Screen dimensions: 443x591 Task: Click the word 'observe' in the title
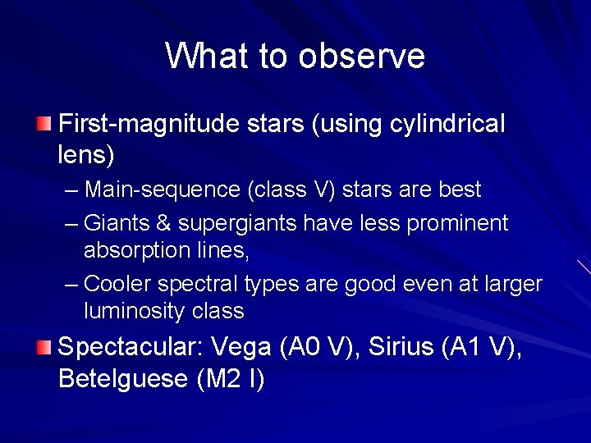coord(361,57)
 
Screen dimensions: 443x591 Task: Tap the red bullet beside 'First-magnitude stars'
coord(44,124)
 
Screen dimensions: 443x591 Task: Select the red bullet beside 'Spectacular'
coord(44,347)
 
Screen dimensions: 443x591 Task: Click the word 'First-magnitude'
coord(150,125)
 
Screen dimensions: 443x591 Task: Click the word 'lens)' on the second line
coord(86,153)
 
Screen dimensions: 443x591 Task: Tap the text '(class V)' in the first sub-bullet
coord(291,190)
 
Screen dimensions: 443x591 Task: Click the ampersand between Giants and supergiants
coord(163,223)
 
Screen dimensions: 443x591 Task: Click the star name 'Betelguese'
coord(124,380)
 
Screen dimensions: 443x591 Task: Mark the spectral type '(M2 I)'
coord(231,380)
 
